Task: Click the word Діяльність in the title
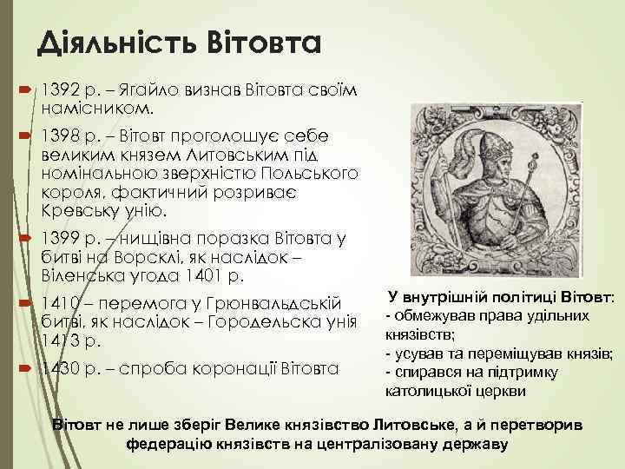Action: (107, 40)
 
